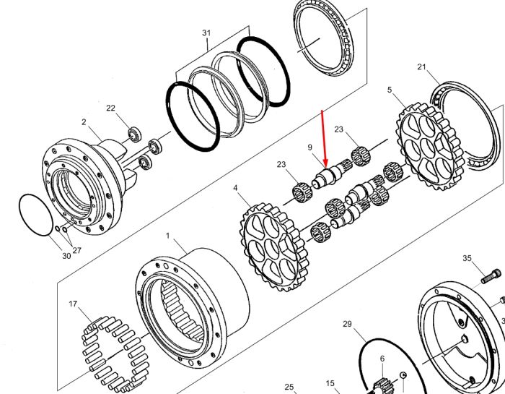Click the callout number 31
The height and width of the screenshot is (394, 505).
(x=206, y=33)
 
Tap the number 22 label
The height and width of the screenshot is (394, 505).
(x=110, y=108)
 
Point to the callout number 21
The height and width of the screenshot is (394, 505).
(x=421, y=67)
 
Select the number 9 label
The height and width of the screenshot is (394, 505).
(x=309, y=147)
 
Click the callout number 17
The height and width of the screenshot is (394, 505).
(x=73, y=304)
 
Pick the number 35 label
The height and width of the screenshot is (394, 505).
(x=467, y=258)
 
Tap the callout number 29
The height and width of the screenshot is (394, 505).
(x=347, y=324)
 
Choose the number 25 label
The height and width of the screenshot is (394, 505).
(x=289, y=387)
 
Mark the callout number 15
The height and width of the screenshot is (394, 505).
(x=330, y=383)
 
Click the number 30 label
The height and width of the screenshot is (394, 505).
(x=66, y=256)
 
